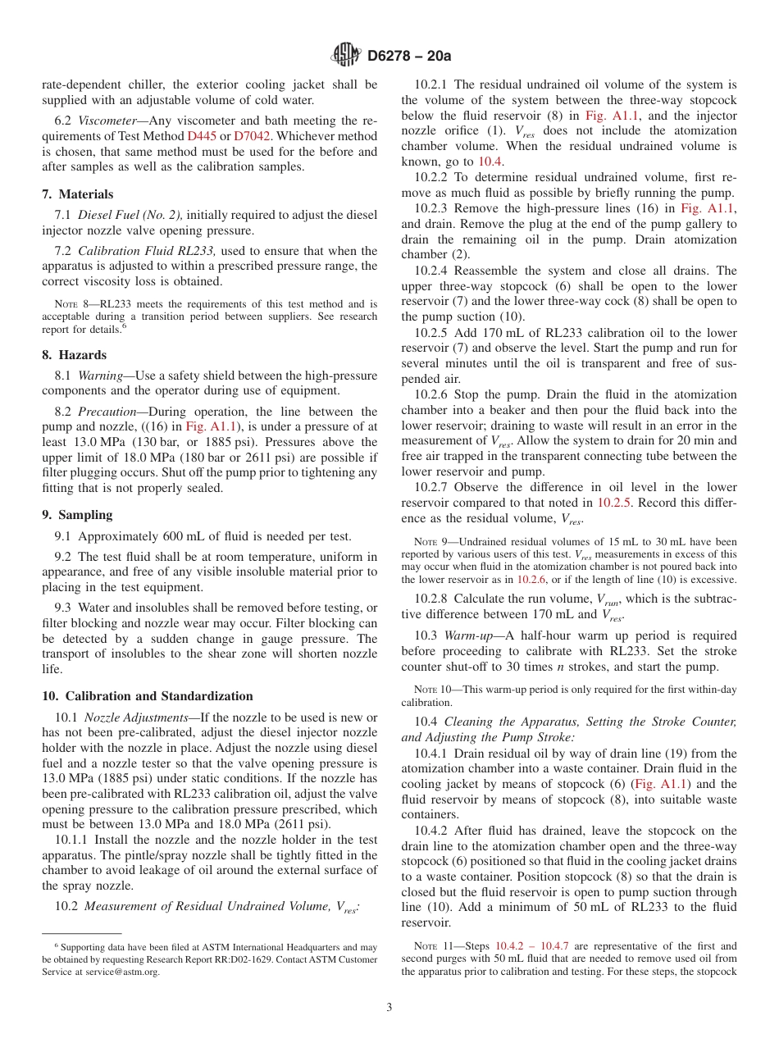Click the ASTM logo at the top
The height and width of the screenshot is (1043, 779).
(x=345, y=56)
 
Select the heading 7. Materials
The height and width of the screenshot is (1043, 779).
(x=78, y=194)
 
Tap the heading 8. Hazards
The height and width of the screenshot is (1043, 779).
(x=74, y=355)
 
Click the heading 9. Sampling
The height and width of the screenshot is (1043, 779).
(x=77, y=515)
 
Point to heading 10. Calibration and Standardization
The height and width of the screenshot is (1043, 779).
(x=148, y=696)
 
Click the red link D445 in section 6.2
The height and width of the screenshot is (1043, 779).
(x=202, y=136)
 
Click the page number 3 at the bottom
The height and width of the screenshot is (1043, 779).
(x=389, y=1007)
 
